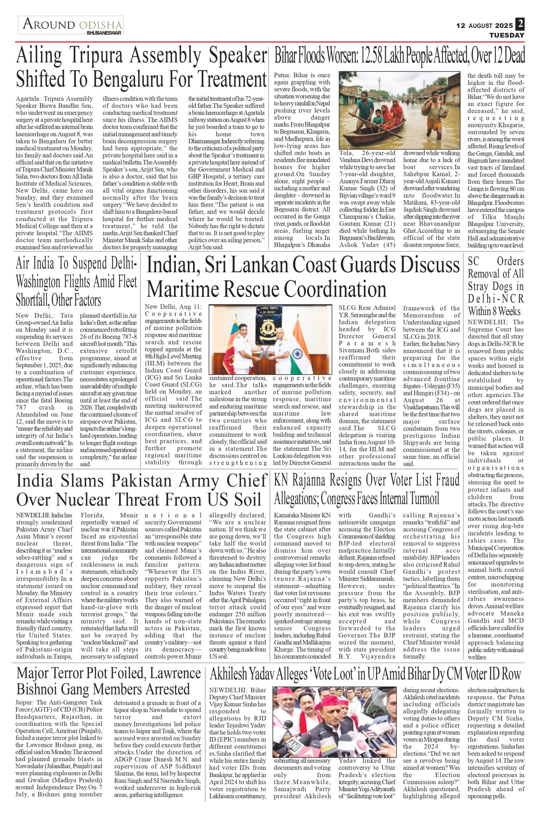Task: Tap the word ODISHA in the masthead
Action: [x=100, y=25]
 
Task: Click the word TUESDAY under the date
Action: [x=507, y=35]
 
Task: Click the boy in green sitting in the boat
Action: [x=378, y=116]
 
